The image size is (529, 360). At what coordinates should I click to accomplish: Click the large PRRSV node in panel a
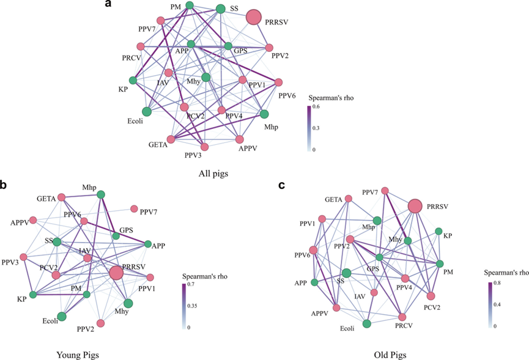pos(256,18)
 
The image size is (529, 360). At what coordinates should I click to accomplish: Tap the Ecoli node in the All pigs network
pos(147,111)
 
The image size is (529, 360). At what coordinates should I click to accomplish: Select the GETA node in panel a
pos(172,139)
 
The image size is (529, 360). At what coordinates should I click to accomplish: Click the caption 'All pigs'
pos(214,172)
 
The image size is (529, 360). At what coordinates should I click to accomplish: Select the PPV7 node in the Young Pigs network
pos(135,208)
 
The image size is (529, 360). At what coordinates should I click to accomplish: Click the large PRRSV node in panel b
pos(116,274)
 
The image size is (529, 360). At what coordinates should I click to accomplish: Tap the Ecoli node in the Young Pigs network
pos(62,317)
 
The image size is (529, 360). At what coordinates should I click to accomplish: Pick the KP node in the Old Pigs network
pos(438,231)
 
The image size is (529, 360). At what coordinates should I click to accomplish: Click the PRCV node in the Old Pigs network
pos(402,317)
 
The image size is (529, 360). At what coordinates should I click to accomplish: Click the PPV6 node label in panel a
pos(287,95)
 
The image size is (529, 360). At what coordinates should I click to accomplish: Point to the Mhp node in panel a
pos(264,114)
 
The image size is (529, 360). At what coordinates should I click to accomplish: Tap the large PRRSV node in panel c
pos(415,207)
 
